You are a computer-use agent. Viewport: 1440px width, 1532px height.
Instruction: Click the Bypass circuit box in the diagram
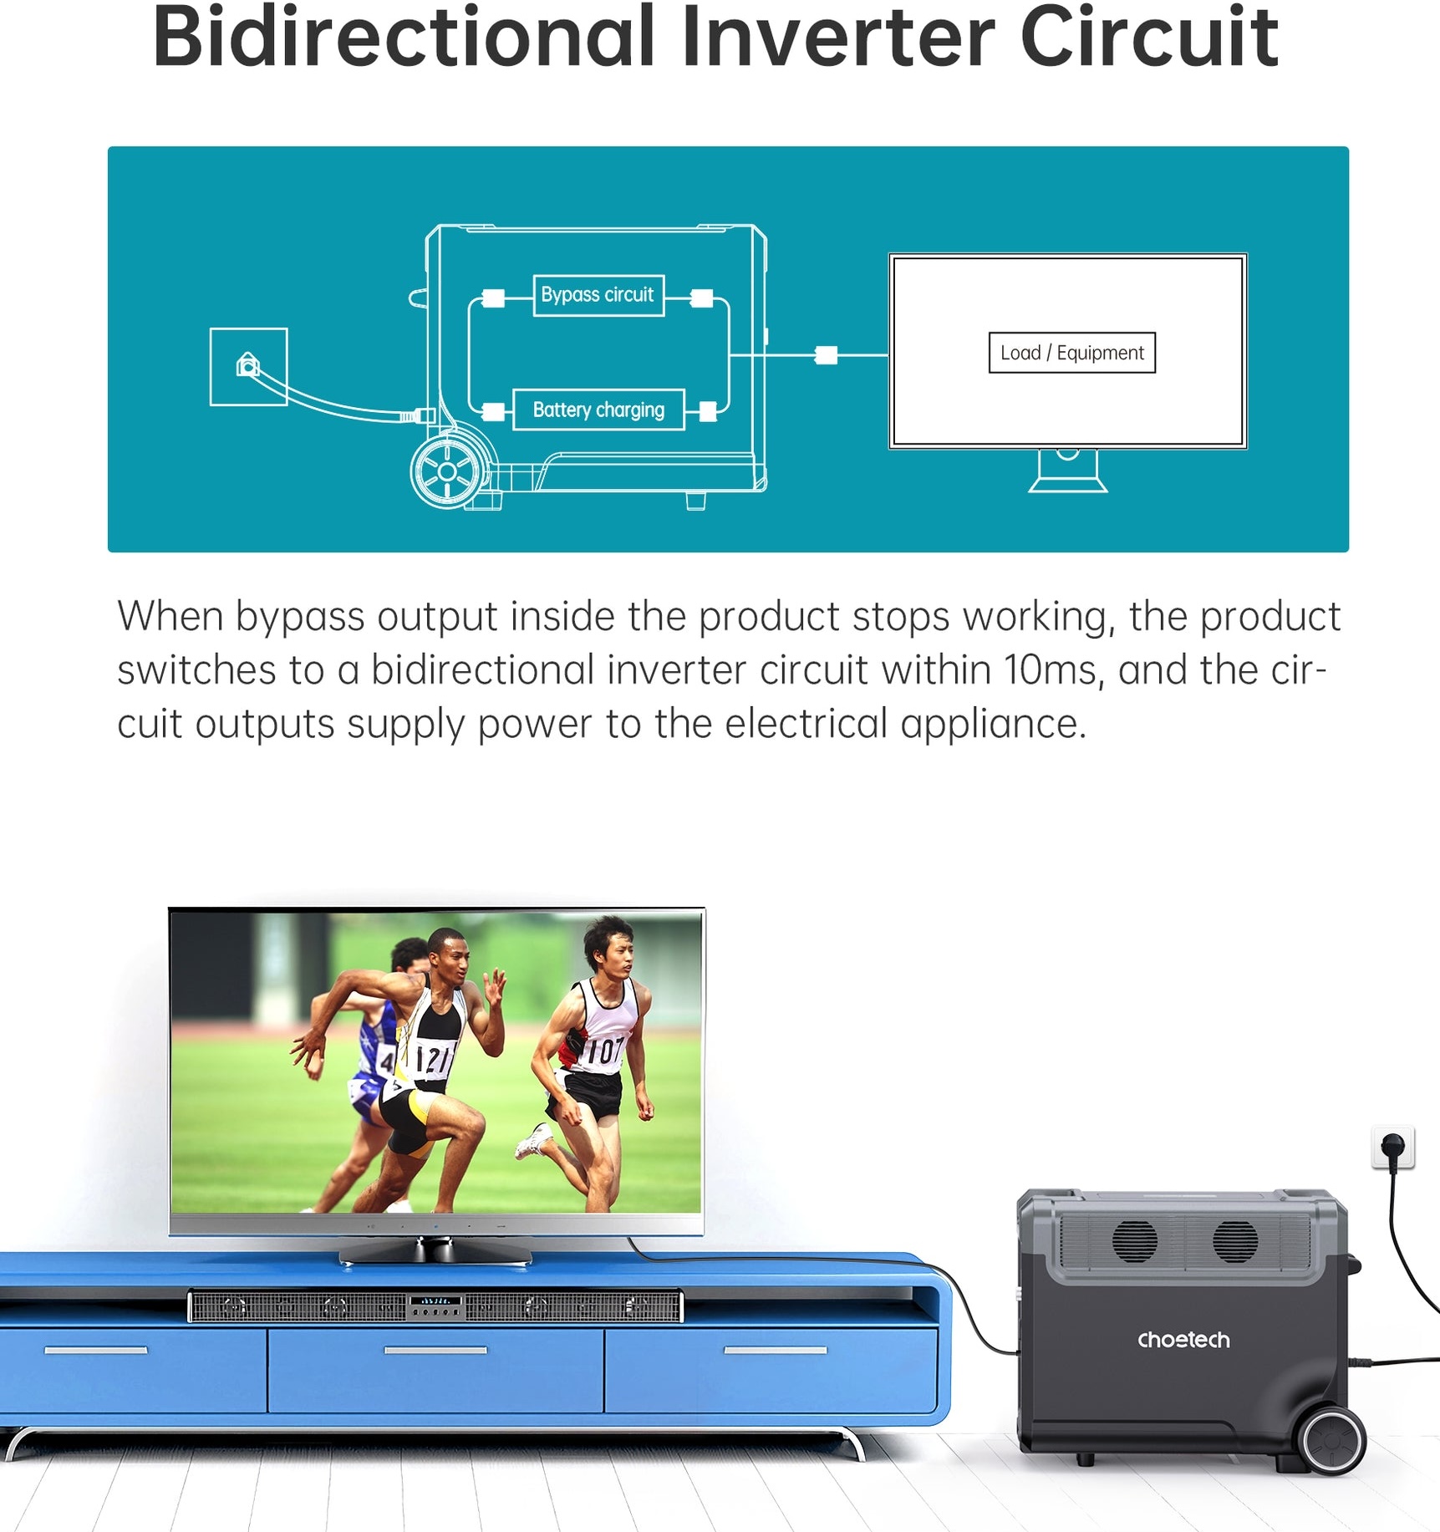pos(598,295)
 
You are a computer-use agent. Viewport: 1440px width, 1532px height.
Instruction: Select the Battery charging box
pos(598,410)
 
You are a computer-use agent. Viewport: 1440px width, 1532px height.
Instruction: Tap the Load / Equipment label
pos(1072,353)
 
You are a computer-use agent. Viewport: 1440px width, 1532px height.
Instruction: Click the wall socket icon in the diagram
pos(248,367)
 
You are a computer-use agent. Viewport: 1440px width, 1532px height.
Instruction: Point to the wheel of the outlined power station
pos(447,472)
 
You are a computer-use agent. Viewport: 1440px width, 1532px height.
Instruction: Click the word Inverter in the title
pos(837,38)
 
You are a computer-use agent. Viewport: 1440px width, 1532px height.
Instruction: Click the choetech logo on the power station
pos(1183,1340)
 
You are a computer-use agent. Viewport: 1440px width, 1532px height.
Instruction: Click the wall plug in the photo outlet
pos(1393,1148)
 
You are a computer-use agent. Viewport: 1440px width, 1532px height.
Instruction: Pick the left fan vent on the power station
pos(1134,1240)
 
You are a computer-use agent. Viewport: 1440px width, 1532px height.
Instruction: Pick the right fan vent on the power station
pos(1234,1241)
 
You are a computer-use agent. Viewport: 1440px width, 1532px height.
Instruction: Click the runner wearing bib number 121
pos(410,1070)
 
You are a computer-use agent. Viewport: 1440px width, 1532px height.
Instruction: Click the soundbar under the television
pos(435,1306)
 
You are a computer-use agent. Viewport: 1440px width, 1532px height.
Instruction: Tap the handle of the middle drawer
pos(435,1350)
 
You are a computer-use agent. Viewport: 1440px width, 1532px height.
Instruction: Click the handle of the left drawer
pos(96,1350)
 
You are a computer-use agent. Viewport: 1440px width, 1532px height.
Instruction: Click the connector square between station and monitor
pos(826,355)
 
